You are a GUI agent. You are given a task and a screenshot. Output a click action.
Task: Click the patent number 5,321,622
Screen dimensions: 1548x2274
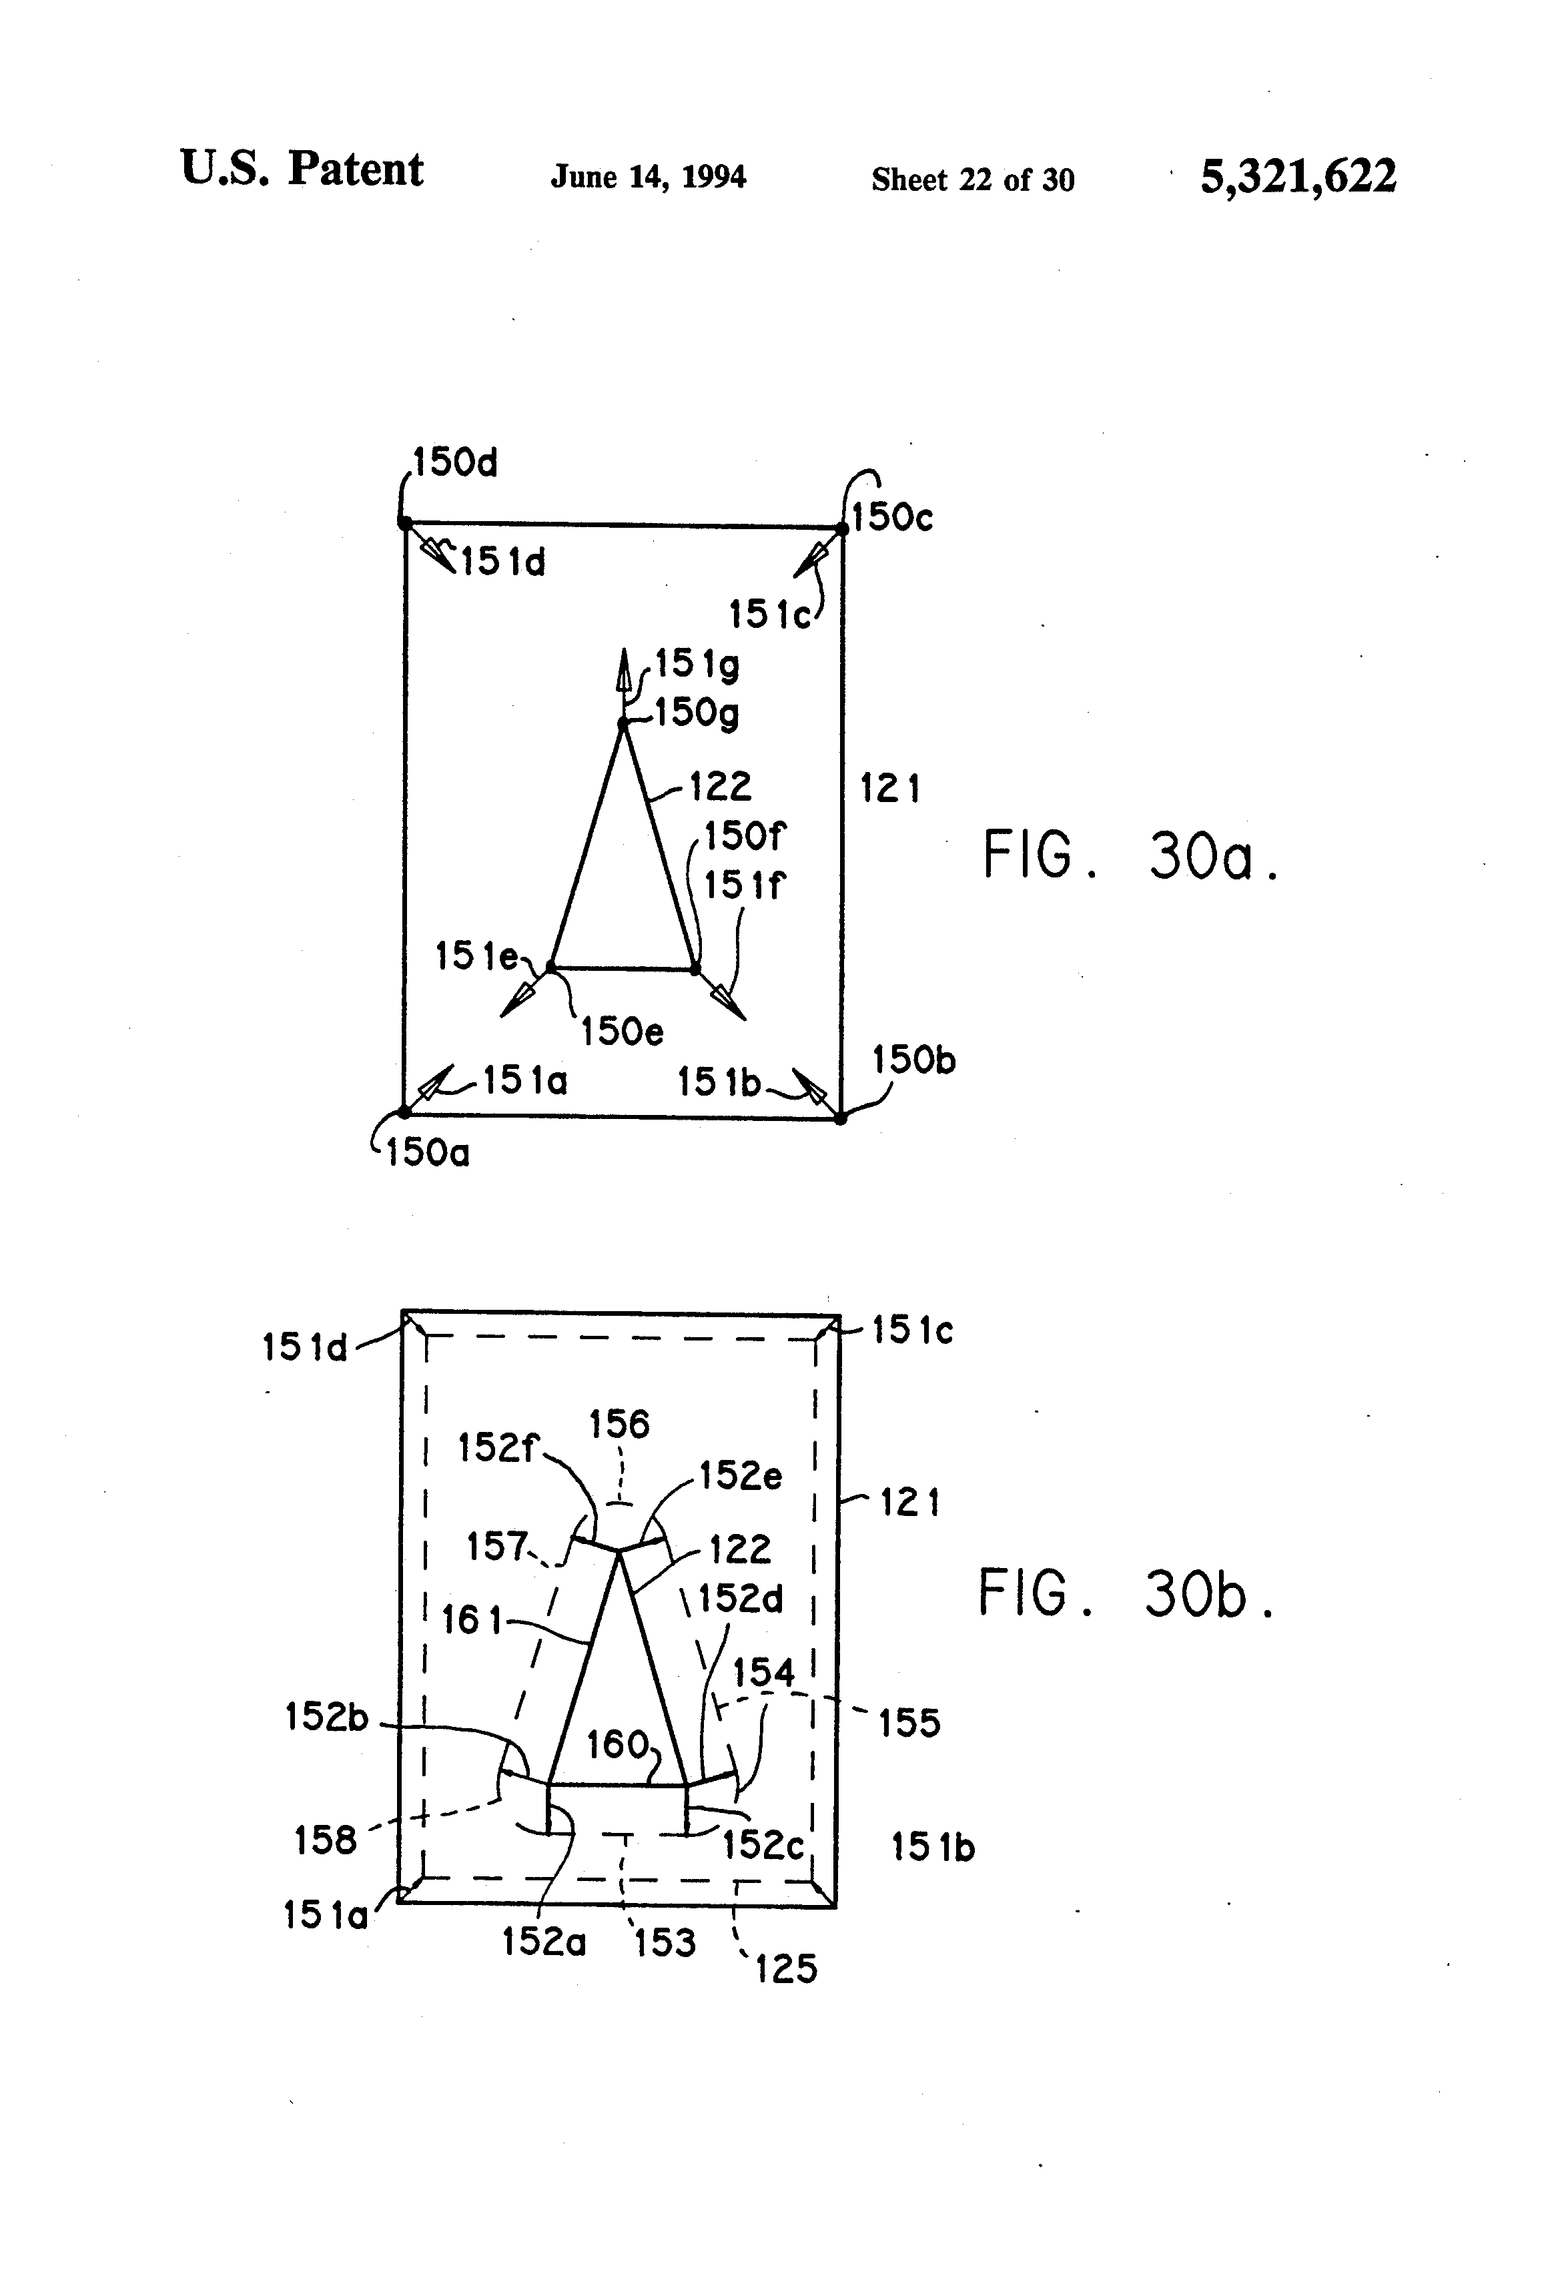tap(1298, 177)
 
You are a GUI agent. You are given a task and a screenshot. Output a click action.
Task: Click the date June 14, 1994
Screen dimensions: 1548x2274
tap(648, 177)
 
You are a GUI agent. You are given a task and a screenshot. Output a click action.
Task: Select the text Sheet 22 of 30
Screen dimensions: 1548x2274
tap(973, 180)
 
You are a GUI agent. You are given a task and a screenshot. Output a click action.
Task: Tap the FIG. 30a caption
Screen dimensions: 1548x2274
tap(1130, 856)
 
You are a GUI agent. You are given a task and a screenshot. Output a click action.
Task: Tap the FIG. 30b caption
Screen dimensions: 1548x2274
tap(1126, 1595)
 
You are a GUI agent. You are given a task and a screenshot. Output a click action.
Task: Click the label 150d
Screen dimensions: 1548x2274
tap(455, 462)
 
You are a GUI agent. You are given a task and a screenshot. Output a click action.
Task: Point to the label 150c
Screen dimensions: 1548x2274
tap(892, 518)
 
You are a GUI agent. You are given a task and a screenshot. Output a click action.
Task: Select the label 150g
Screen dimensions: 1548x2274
tap(697, 713)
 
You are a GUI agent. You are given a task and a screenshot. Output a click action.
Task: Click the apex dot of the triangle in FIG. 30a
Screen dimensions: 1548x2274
tap(623, 724)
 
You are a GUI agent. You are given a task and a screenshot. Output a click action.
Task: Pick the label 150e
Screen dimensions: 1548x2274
tap(623, 1032)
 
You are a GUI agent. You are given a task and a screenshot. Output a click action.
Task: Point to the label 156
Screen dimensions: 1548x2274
tap(619, 1425)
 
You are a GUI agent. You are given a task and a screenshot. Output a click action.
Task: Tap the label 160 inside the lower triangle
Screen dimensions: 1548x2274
tap(617, 1744)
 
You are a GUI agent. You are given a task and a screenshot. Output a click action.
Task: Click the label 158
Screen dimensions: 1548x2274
tap(325, 1840)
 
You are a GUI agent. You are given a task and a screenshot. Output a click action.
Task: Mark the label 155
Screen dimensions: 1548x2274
tap(909, 1722)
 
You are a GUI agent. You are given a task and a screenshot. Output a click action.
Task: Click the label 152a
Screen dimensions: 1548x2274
tap(543, 1941)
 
